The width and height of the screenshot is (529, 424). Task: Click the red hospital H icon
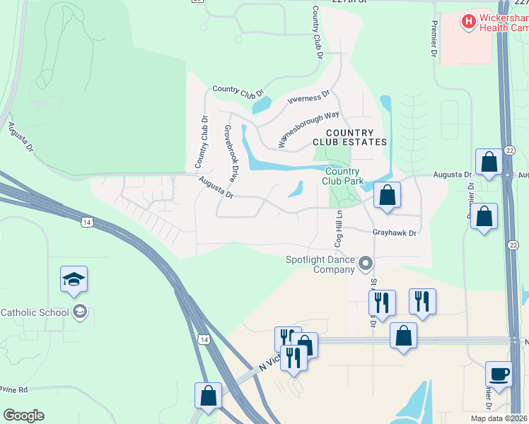[468, 22]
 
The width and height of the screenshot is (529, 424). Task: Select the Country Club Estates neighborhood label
[349, 137]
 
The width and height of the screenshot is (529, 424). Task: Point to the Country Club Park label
[344, 176]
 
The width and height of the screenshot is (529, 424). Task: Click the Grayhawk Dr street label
[395, 232]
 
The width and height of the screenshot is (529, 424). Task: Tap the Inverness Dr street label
[308, 97]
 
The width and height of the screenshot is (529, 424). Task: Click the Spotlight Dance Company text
[320, 264]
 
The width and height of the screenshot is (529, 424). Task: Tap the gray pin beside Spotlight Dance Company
[366, 264]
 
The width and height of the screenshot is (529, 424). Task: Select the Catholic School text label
[35, 312]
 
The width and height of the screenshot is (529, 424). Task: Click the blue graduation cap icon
[74, 280]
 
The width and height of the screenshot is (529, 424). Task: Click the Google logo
[23, 416]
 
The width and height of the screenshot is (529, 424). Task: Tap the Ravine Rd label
[13, 389]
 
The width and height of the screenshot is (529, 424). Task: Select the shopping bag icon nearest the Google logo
[209, 396]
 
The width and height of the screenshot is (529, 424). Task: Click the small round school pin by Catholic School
[80, 312]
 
